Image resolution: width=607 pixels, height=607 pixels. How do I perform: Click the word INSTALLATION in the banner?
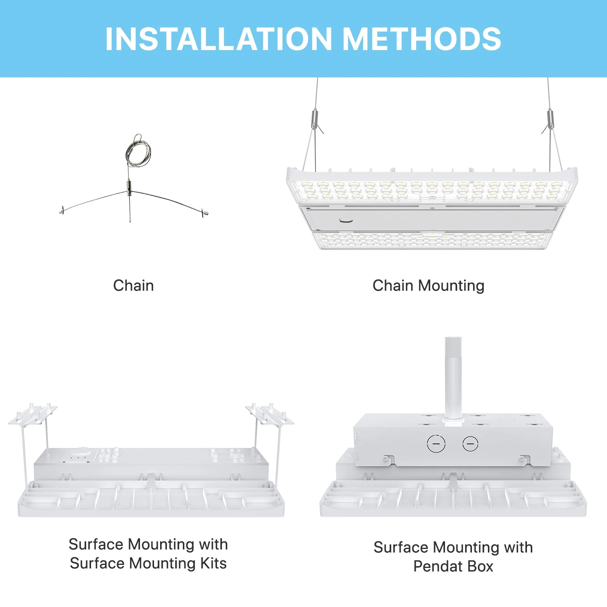(219, 39)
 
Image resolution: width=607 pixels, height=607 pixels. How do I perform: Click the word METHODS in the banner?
(422, 39)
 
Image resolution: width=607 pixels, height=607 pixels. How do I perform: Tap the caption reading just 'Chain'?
(134, 286)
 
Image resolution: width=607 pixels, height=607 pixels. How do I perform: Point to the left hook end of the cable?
(62, 210)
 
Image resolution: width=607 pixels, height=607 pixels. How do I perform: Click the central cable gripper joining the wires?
(129, 187)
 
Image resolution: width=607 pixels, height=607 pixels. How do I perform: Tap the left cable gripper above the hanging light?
(315, 118)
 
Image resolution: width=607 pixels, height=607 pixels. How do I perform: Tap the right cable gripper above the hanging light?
(550, 118)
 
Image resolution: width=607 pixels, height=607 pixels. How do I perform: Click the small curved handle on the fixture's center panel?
(346, 220)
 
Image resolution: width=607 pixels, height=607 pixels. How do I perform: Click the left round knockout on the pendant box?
(436, 443)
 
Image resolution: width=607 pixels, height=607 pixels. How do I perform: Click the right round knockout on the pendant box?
(470, 443)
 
